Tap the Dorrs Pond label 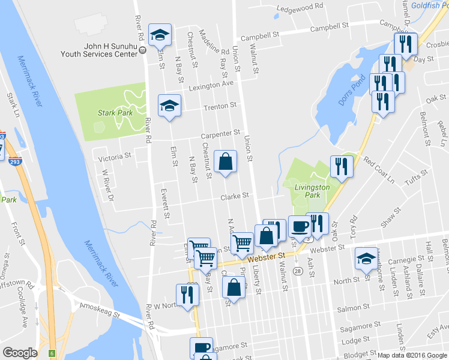click(351, 91)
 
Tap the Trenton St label click(220, 106)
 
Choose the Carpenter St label click(220, 133)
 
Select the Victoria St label click(114, 156)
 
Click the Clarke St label click(234, 196)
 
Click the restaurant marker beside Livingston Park click(342, 166)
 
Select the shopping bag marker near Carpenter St click(225, 162)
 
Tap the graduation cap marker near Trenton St click(170, 106)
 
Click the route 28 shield click(298, 272)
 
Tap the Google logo click(20, 353)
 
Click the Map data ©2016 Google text click(411, 355)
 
